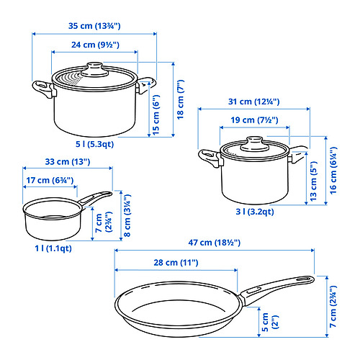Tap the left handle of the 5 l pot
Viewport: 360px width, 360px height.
(x=41, y=89)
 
